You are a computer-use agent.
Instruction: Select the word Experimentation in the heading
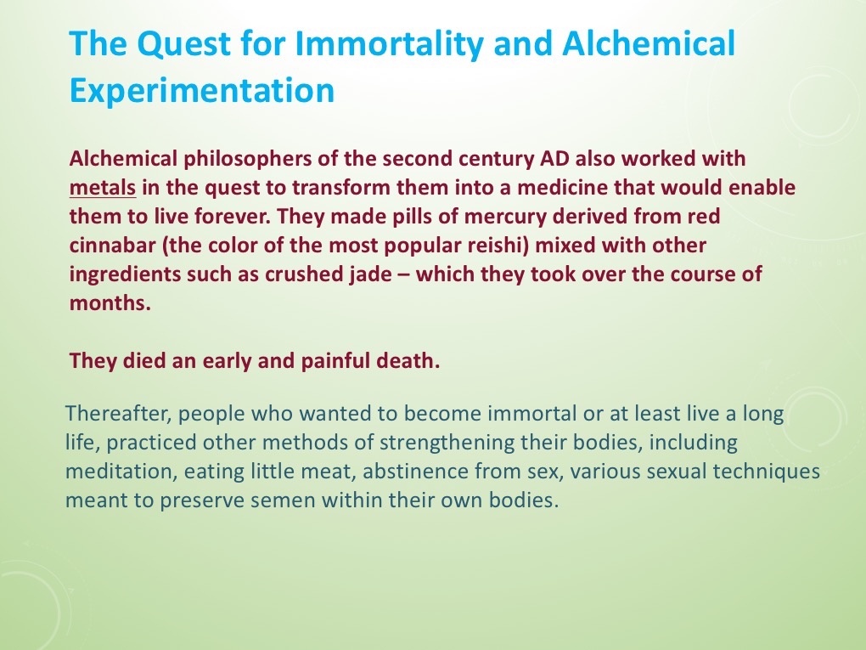(201, 90)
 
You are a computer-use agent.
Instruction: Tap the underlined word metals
(102, 188)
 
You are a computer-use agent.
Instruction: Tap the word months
(110, 303)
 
